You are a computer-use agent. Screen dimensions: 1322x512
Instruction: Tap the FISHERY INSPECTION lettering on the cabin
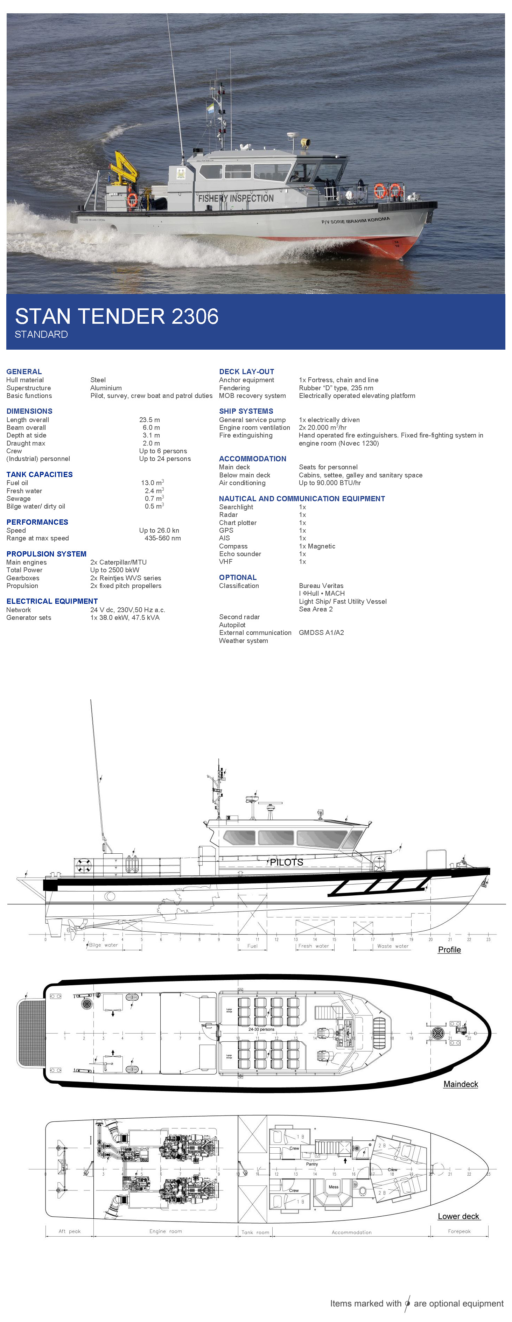pyautogui.click(x=236, y=198)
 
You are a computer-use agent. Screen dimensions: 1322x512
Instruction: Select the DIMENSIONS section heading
pyautogui.click(x=29, y=411)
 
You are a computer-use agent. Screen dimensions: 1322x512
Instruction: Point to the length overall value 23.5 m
pyautogui.click(x=149, y=420)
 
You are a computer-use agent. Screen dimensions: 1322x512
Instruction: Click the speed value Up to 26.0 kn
pyautogui.click(x=159, y=530)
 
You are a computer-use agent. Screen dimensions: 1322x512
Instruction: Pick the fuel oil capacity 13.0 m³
pyautogui.click(x=152, y=483)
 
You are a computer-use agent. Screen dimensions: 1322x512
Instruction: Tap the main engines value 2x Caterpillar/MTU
pyautogui.click(x=119, y=562)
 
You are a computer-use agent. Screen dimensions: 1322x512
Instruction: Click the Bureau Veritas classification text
pyautogui.click(x=321, y=586)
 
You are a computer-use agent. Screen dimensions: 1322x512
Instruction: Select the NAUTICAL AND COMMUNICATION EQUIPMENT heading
pyautogui.click(x=302, y=498)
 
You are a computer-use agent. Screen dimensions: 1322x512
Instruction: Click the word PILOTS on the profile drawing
pyautogui.click(x=286, y=862)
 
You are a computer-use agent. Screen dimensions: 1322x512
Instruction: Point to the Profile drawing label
pyautogui.click(x=449, y=950)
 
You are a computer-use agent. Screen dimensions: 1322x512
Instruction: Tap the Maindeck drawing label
pyautogui.click(x=461, y=1084)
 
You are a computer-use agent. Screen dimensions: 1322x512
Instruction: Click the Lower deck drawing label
pyautogui.click(x=458, y=1216)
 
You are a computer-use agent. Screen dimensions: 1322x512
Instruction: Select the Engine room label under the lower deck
pyautogui.click(x=165, y=1231)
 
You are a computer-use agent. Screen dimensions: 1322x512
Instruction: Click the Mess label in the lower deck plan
pyautogui.click(x=334, y=1187)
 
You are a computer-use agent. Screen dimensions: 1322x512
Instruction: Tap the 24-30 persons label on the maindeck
pyautogui.click(x=261, y=1029)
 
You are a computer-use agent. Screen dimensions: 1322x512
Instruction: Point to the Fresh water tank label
pyautogui.click(x=314, y=946)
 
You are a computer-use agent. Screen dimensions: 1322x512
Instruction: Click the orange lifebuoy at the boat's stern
pyautogui.click(x=132, y=200)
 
